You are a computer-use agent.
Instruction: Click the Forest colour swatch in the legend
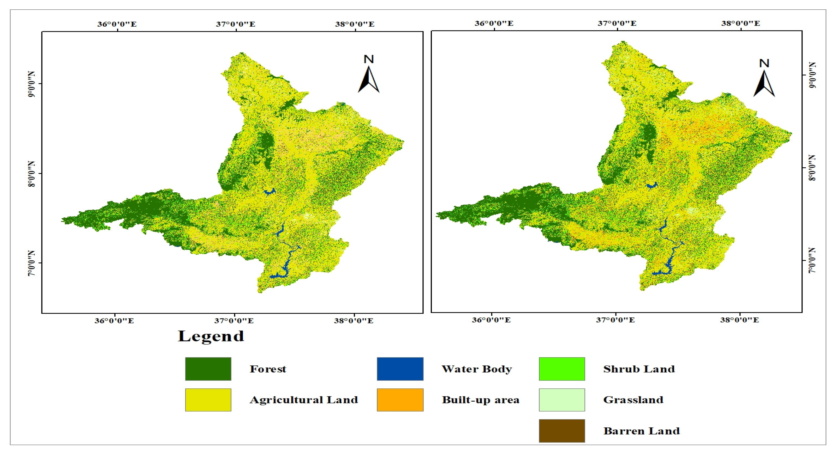208,369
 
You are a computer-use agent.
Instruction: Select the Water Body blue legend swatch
400,369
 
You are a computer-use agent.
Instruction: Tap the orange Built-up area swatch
400,400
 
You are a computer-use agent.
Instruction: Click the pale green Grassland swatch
562,400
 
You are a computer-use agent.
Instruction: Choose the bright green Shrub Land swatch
562,369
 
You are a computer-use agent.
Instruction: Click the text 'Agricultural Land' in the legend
303,400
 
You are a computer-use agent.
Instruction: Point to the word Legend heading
211,336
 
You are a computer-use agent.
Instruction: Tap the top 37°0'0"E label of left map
236,24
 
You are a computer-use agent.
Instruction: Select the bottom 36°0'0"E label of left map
114,321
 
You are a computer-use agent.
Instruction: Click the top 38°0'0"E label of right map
740,23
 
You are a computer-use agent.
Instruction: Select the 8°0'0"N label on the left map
31,174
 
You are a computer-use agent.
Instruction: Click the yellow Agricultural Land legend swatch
208,400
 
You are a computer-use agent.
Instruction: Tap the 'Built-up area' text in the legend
480,400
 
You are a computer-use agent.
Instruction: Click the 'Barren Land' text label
641,431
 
